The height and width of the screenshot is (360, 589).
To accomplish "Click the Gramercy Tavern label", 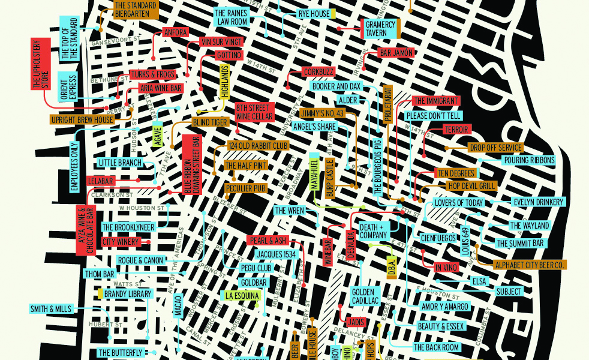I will (x=380, y=29).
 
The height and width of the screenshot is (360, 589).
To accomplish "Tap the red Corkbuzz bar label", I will (x=318, y=72).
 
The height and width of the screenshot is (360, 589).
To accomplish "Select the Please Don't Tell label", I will (x=432, y=115).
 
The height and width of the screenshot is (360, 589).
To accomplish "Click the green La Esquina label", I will (x=242, y=295).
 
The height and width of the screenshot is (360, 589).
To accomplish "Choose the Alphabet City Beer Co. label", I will (x=530, y=265).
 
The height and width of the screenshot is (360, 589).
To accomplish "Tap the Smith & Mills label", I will (x=50, y=309).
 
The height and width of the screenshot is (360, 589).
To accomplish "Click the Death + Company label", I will (x=373, y=231).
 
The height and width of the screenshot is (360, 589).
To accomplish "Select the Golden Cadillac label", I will (x=365, y=296).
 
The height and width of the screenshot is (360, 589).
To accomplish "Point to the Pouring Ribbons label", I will (x=530, y=161).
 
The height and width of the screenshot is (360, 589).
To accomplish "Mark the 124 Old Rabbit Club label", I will (x=259, y=146).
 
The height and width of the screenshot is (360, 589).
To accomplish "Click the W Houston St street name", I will (x=142, y=208).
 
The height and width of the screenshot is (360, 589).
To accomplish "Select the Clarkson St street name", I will (x=112, y=194).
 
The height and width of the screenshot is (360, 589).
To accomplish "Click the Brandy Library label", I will (x=128, y=294).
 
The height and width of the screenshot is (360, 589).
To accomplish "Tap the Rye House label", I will (x=314, y=14).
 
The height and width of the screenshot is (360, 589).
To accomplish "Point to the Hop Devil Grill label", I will (x=471, y=186).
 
